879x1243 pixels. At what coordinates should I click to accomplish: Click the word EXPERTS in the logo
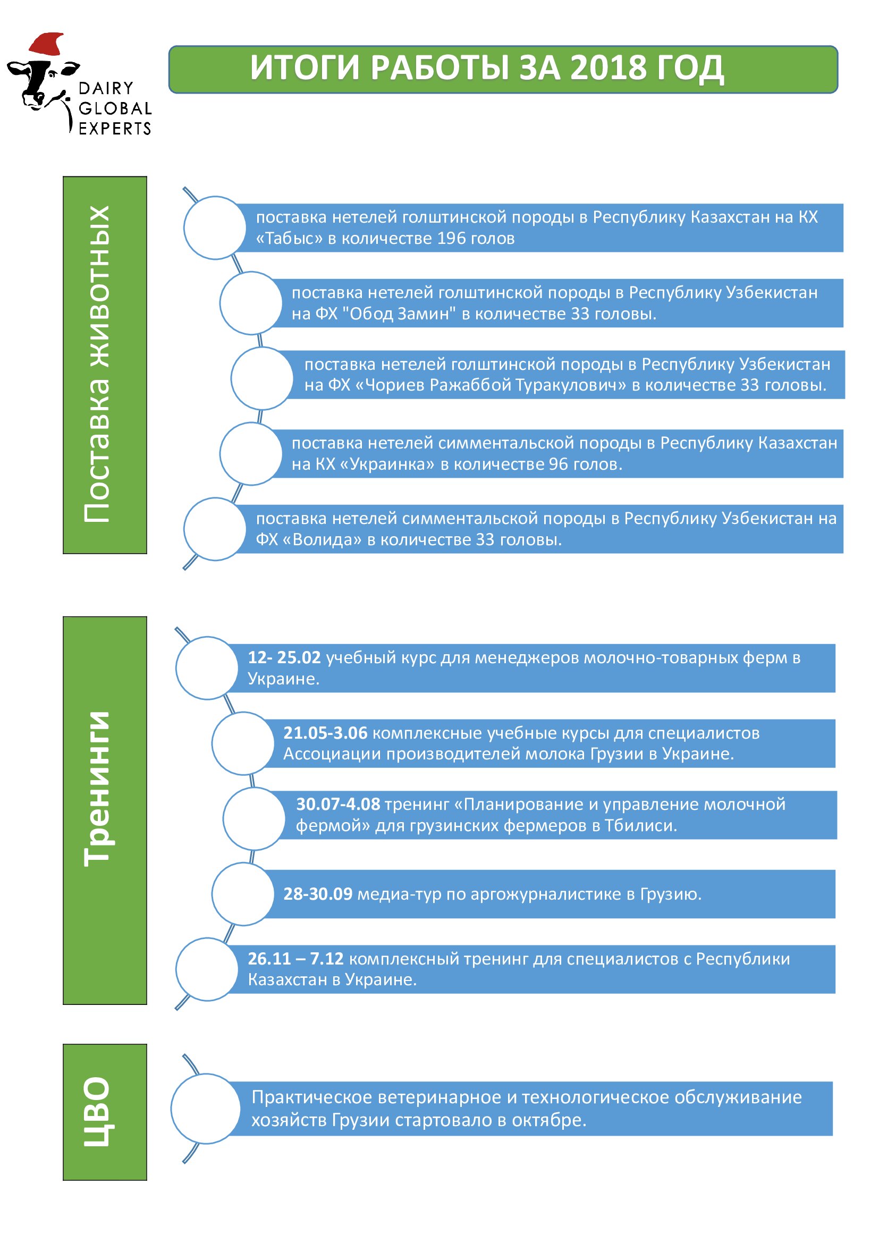[x=115, y=129]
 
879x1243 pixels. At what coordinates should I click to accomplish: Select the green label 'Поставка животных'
[x=105, y=365]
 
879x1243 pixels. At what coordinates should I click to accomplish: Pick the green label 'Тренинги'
[x=105, y=810]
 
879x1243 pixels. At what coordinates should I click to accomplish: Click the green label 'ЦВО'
[x=105, y=1112]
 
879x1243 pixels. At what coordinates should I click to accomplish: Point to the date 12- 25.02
[x=284, y=657]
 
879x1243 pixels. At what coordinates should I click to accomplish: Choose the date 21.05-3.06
[x=325, y=732]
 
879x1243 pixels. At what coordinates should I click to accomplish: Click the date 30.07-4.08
[x=339, y=804]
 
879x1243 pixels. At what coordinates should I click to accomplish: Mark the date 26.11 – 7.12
[x=295, y=958]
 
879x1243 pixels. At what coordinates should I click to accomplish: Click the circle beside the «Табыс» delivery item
[x=215, y=228]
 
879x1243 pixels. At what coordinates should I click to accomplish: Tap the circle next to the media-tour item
[x=243, y=894]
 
